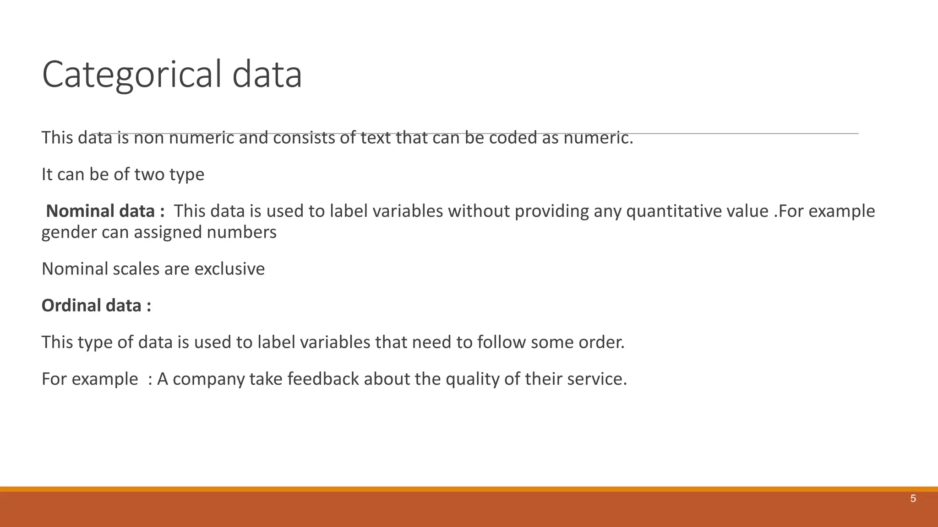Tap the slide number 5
(x=913, y=499)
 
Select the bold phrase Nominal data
(x=105, y=211)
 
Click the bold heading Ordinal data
(x=96, y=306)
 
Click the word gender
(x=69, y=232)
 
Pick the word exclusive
(x=229, y=269)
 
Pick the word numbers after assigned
(x=241, y=232)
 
